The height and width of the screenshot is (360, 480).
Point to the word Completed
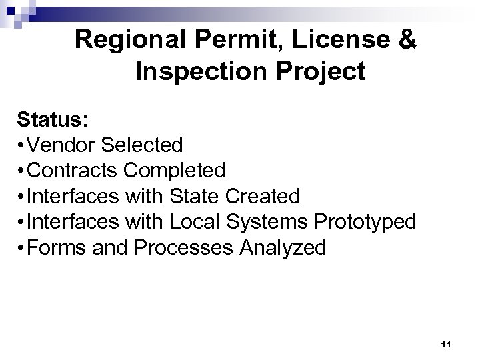(175, 171)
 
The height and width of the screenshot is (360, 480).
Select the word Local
(195, 223)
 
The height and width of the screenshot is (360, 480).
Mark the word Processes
(177, 248)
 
